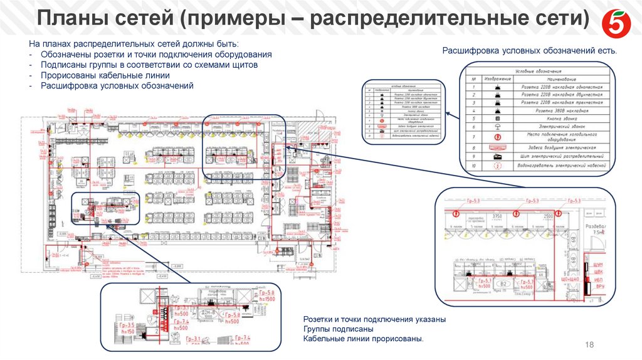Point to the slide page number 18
tap(589, 346)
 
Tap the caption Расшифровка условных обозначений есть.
tap(530, 50)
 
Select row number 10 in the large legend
tap(475, 166)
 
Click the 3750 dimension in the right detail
tap(498, 216)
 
